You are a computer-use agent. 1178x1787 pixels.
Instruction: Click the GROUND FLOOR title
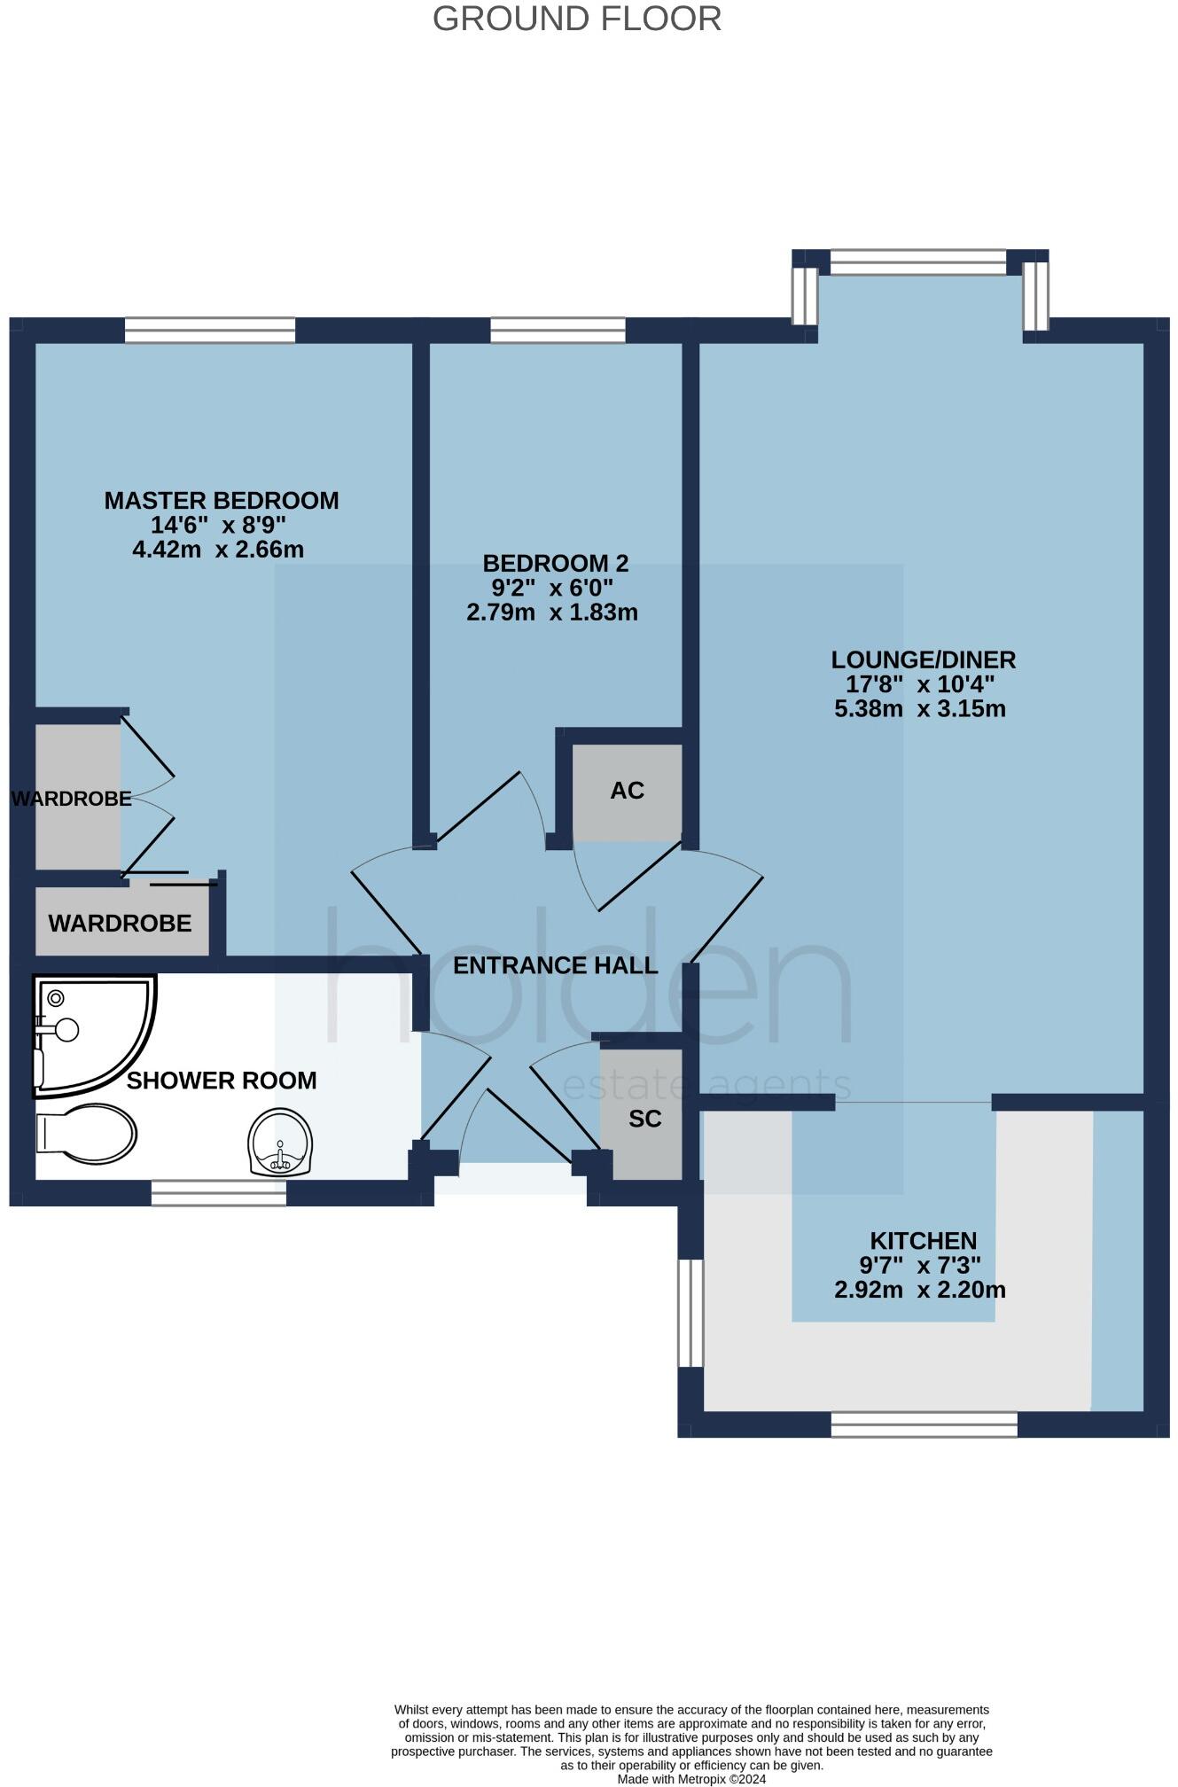tap(576, 20)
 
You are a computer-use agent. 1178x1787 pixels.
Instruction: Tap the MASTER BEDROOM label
tap(221, 500)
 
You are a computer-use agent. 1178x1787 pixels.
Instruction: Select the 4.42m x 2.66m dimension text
tap(218, 550)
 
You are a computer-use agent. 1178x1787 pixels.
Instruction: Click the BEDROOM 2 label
tap(555, 563)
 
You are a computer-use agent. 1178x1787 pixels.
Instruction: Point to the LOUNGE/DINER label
tap(923, 659)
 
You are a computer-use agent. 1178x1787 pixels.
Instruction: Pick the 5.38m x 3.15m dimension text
tap(920, 709)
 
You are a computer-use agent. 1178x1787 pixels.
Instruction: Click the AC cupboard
tap(627, 791)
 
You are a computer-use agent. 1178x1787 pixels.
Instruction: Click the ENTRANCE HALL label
tap(555, 965)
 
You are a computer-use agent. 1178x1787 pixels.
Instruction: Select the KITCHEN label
tap(923, 1241)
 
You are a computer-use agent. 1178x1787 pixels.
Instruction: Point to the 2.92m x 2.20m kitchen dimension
tap(920, 1290)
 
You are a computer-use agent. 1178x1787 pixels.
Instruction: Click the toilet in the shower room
tap(86, 1133)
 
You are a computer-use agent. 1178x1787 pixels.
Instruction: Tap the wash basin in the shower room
tap(281, 1143)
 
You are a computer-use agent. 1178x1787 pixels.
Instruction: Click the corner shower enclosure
tap(89, 1033)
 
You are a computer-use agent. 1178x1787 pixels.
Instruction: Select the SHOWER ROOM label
tap(221, 1081)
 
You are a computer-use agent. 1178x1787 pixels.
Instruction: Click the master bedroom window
tap(209, 331)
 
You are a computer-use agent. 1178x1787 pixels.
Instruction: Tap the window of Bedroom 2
tap(558, 331)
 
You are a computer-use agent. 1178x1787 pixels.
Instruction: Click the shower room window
tap(218, 1194)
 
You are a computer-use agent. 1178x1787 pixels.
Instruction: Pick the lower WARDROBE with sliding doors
tap(121, 924)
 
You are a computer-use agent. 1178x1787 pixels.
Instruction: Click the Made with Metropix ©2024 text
tap(691, 1778)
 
